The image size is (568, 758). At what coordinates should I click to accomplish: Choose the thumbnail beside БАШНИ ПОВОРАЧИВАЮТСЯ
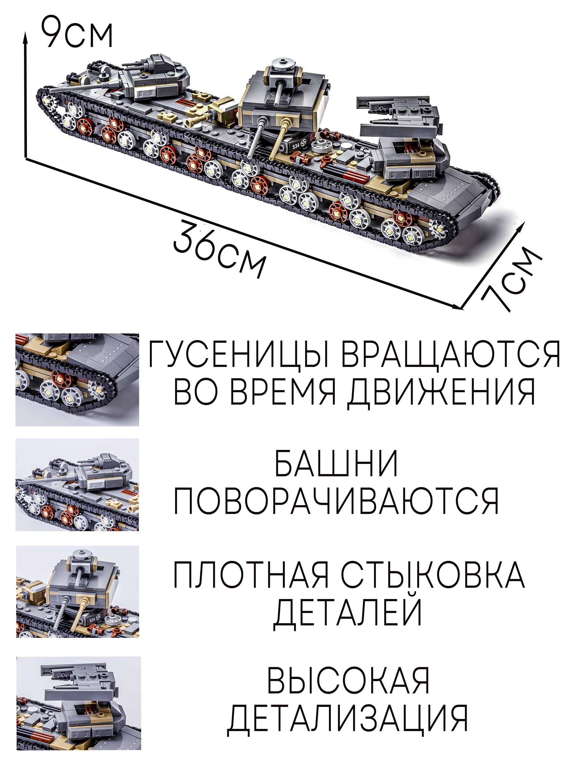(x=77, y=484)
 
